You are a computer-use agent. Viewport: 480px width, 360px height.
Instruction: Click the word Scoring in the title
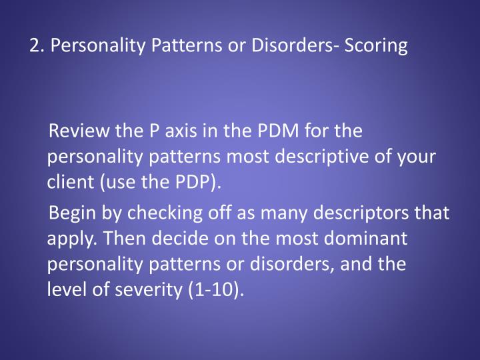(376, 47)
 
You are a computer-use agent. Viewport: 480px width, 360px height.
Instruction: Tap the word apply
(69, 239)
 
